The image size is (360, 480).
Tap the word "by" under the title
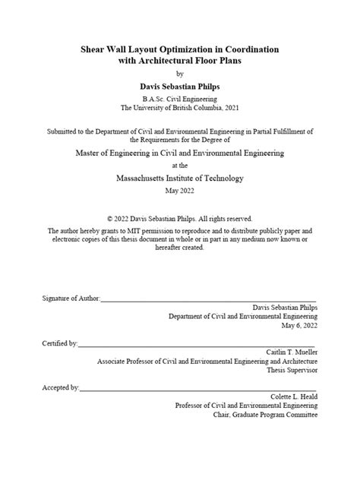[x=180, y=74]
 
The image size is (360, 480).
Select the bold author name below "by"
[x=180, y=87]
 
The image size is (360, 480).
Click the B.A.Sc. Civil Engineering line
[x=180, y=99]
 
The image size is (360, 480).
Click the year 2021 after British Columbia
[x=226, y=108]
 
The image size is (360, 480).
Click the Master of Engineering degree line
[x=180, y=153]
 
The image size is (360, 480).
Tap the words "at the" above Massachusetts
[x=180, y=166]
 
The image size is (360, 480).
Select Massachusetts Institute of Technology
[x=180, y=178]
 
